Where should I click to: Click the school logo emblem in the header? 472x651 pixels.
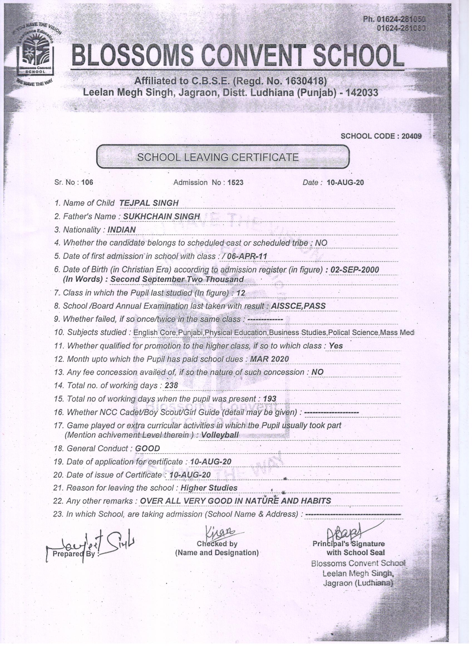[x=35, y=56]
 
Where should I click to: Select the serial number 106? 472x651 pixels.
[x=87, y=182]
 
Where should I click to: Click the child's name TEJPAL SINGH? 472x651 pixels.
[x=149, y=203]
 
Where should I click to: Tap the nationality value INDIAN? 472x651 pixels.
[x=121, y=230]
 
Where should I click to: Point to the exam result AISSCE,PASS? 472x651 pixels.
[x=298, y=306]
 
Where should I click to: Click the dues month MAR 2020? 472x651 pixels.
[x=269, y=359]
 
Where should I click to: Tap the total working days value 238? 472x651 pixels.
[x=171, y=385]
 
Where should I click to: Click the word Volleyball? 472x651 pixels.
[x=220, y=435]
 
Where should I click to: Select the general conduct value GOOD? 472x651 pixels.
[x=147, y=448]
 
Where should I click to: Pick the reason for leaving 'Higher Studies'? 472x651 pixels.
[x=209, y=488]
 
